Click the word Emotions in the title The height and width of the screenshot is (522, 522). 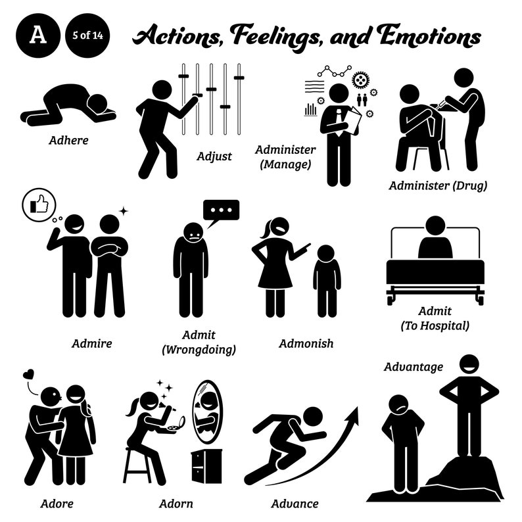coord(427,37)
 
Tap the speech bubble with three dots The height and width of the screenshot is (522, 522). coord(221,210)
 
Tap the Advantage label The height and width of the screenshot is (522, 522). coord(414,366)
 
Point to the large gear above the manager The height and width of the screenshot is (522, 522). coord(360,80)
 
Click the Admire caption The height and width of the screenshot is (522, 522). coord(93,343)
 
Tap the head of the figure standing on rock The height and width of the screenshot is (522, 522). coord(469,365)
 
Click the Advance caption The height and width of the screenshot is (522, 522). coord(295,504)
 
